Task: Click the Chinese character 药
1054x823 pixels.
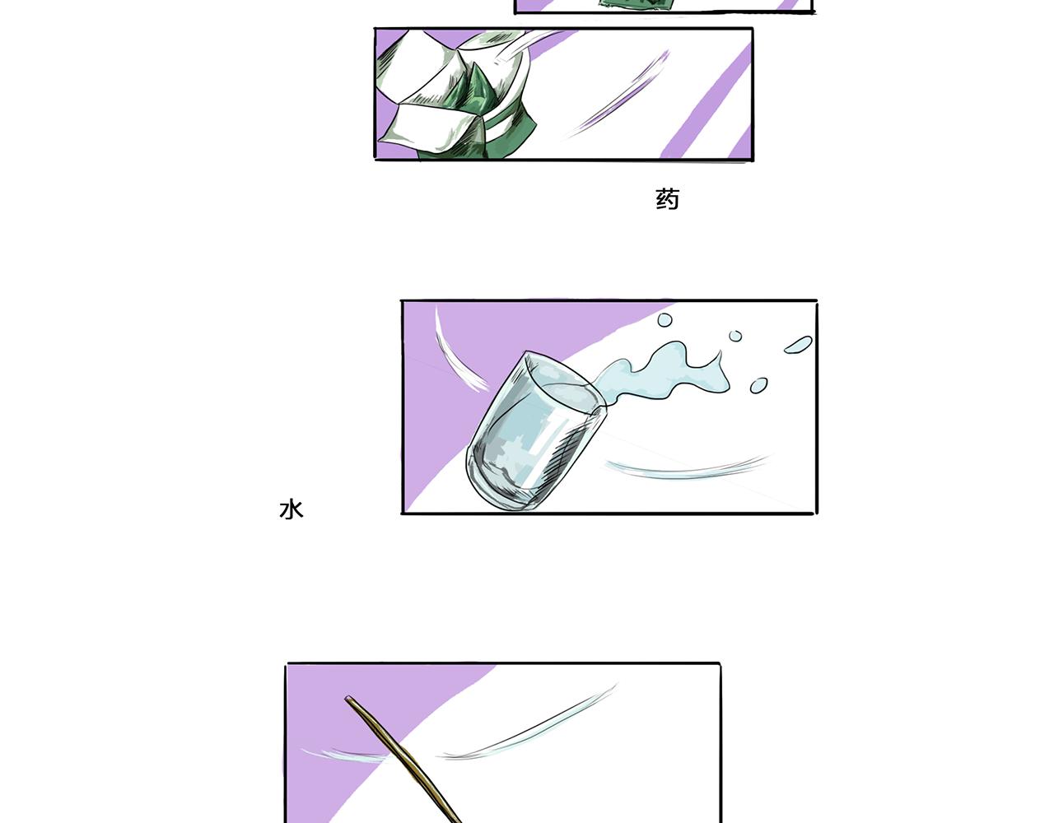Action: pyautogui.click(x=667, y=199)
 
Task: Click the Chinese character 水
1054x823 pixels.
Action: pyautogui.click(x=291, y=509)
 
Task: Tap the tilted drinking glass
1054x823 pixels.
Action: pyautogui.click(x=536, y=430)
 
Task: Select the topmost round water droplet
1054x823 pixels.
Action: pyautogui.click(x=665, y=320)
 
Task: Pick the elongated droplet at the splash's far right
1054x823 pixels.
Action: pyautogui.click(x=798, y=344)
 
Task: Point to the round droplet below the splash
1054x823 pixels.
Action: pyautogui.click(x=758, y=386)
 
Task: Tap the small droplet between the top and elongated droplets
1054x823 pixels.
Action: pyautogui.click(x=735, y=336)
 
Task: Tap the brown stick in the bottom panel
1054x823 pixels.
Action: pyautogui.click(x=403, y=760)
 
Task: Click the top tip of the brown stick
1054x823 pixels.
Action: pyautogui.click(x=347, y=699)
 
